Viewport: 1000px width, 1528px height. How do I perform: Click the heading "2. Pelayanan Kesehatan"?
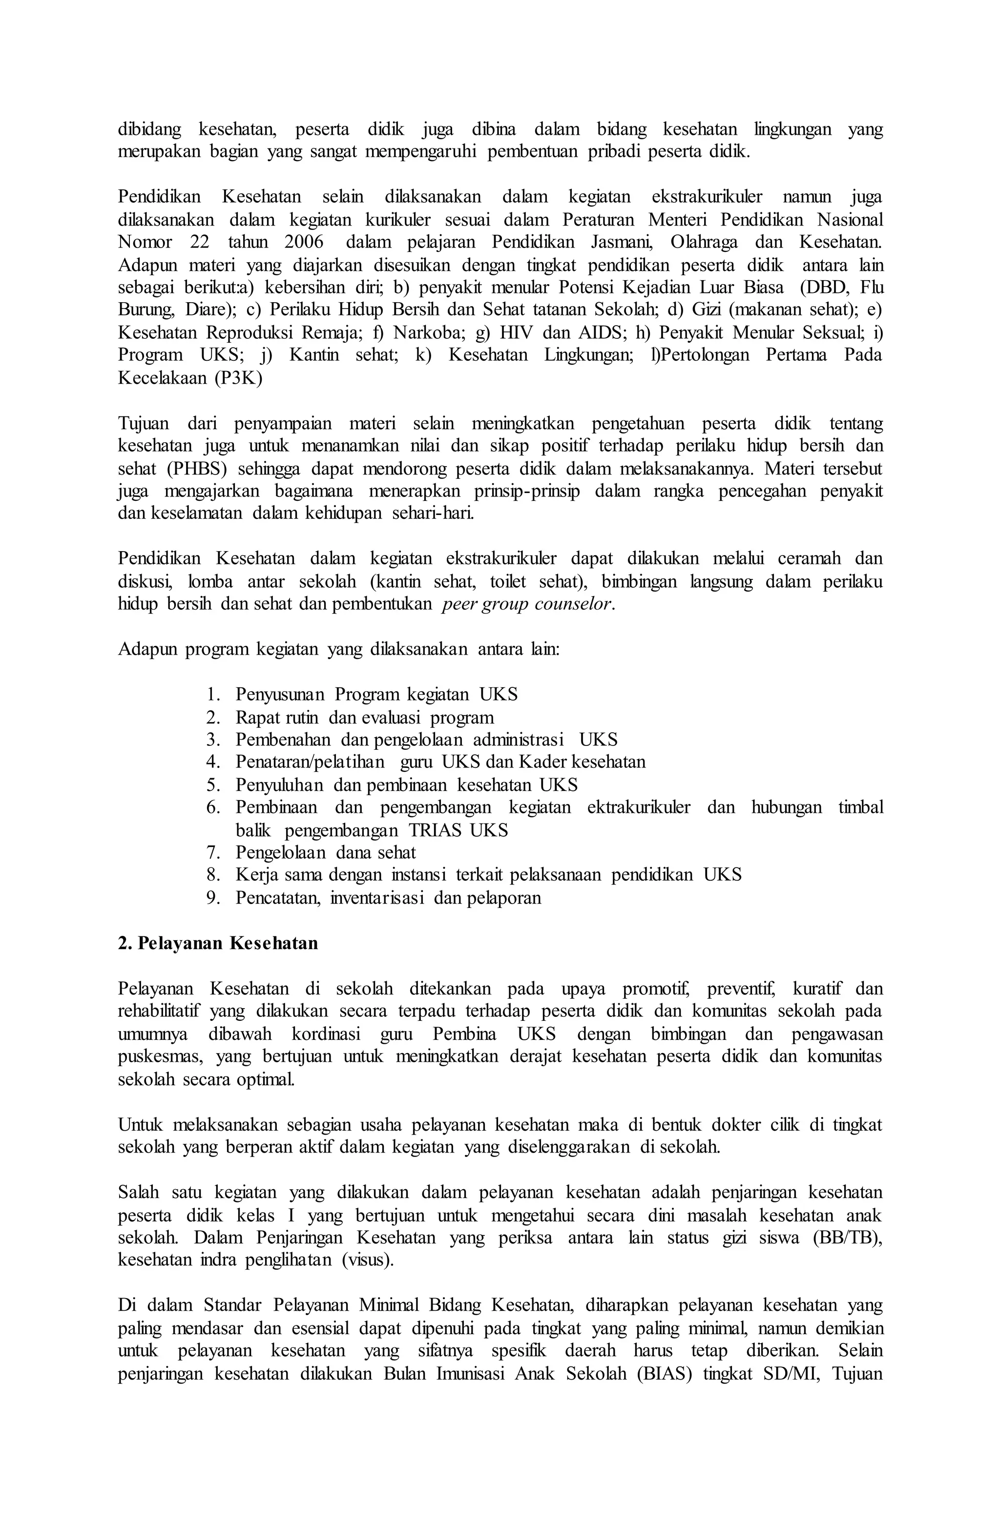tap(218, 943)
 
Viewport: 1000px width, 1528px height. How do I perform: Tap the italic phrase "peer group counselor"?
tap(527, 604)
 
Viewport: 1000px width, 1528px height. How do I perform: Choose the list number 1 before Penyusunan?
tap(213, 695)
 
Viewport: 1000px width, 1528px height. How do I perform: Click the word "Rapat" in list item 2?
tap(255, 717)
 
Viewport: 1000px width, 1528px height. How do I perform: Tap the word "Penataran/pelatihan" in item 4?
tap(310, 762)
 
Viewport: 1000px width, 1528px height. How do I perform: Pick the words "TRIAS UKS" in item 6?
tap(458, 830)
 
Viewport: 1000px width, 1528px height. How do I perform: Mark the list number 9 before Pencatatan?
tap(213, 898)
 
